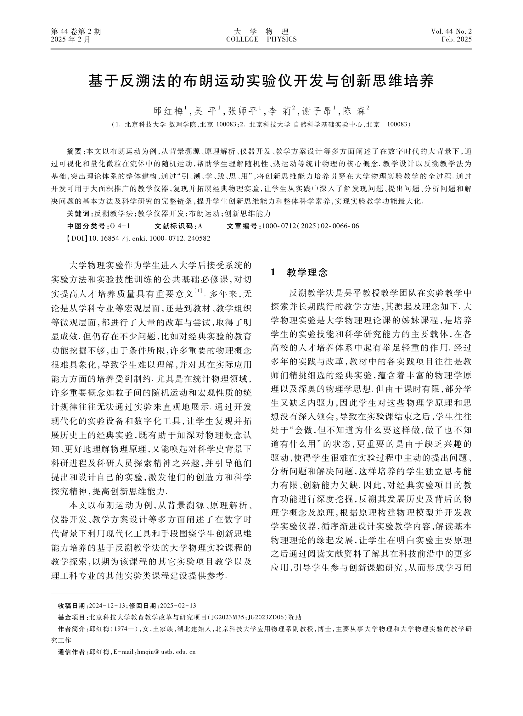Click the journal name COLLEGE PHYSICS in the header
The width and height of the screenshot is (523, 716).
coord(261,40)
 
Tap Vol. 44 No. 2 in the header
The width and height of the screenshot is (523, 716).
coord(451,31)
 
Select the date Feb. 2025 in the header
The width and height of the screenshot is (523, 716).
coord(457,40)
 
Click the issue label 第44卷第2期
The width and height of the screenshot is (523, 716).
coord(76,31)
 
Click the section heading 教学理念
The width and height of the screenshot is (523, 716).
coord(307,273)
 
